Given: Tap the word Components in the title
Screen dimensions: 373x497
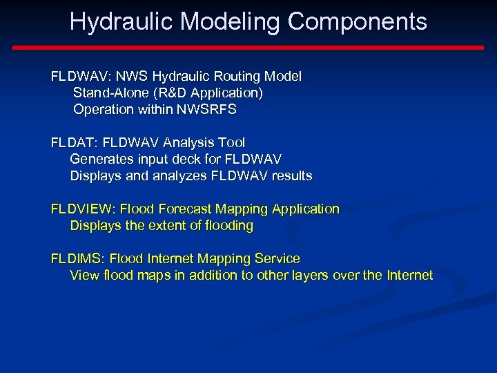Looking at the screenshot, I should tap(358, 22).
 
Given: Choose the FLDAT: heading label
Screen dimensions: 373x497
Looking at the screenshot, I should tap(74, 143).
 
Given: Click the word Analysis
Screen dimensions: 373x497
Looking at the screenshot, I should tap(191, 143).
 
